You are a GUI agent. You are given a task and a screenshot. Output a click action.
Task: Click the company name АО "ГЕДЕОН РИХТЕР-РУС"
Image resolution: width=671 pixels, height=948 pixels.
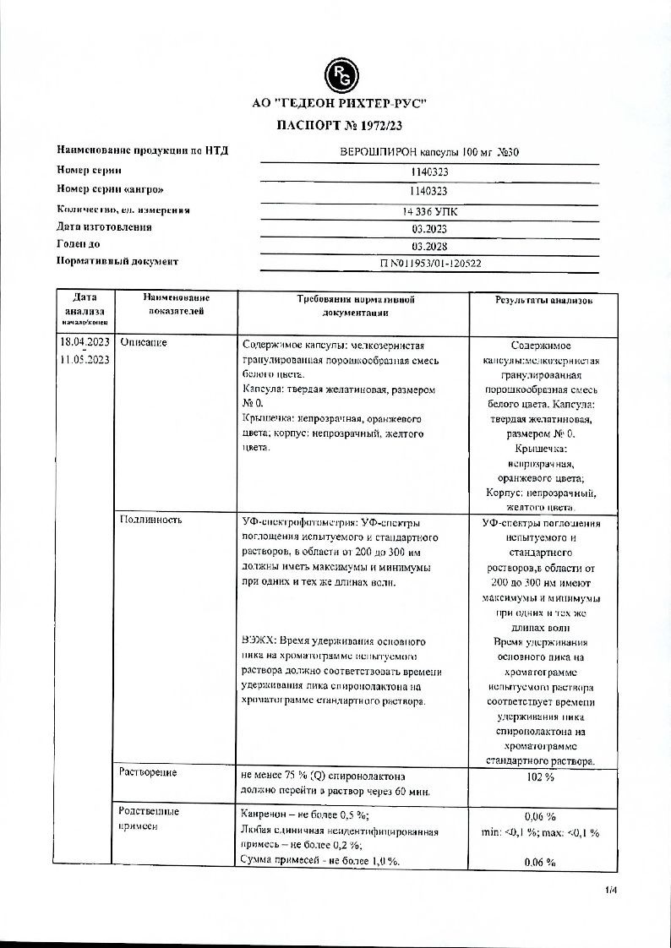click(340, 104)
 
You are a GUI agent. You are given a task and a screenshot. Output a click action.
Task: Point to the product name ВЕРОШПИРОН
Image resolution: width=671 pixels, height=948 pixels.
click(368, 152)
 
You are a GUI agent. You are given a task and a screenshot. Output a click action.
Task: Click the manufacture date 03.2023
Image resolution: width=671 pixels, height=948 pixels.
click(428, 228)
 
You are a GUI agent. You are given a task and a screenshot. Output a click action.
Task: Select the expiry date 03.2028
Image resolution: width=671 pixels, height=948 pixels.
click(428, 246)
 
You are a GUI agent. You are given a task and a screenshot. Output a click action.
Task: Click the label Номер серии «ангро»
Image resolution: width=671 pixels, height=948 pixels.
click(109, 189)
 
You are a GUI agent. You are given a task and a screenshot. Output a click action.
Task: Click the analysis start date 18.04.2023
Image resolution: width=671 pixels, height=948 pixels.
click(85, 342)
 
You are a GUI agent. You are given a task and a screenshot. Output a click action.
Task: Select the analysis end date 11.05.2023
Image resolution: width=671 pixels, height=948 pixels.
click(85, 360)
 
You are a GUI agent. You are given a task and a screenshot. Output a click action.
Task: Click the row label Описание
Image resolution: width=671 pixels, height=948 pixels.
click(144, 343)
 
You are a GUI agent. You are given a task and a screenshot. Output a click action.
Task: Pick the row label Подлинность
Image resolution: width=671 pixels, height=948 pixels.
click(151, 520)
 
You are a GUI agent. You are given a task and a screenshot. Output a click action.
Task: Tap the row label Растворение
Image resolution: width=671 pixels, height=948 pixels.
click(149, 772)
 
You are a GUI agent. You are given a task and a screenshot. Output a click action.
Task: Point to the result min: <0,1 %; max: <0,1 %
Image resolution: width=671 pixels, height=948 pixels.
click(540, 832)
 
